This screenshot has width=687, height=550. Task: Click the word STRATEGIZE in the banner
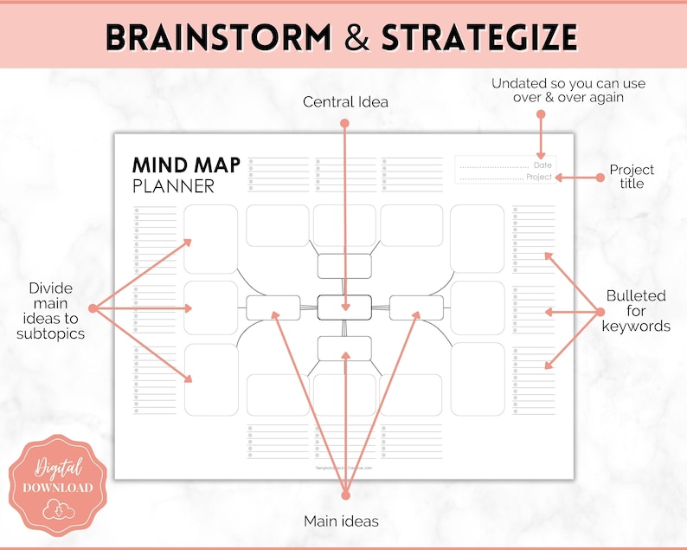(480, 37)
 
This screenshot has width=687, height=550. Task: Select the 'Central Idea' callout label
(345, 102)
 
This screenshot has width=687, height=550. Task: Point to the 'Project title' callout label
(632, 177)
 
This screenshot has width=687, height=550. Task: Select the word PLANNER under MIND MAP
(173, 186)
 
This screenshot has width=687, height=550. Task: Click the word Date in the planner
(543, 165)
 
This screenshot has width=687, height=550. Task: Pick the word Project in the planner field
(538, 178)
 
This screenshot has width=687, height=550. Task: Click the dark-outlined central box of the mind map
(344, 307)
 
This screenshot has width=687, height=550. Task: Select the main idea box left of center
(273, 307)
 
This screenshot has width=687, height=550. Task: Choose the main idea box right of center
(416, 307)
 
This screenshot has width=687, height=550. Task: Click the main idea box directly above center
(344, 266)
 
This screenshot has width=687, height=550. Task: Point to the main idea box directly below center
(344, 348)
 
